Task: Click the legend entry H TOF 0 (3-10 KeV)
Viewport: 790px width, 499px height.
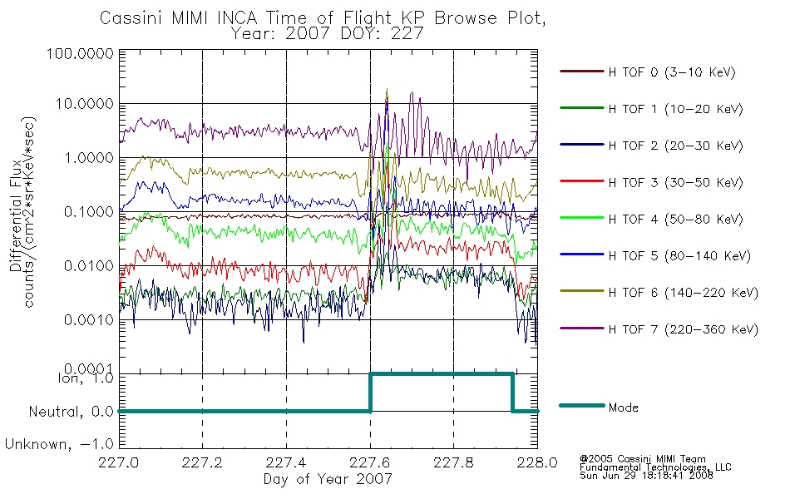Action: point(672,72)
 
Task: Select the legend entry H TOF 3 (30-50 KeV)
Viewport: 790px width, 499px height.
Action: point(675,182)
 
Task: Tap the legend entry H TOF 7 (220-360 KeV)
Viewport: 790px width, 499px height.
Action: point(684,329)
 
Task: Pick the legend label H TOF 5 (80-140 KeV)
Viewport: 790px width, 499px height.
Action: point(679,256)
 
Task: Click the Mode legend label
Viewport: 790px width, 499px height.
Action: point(623,408)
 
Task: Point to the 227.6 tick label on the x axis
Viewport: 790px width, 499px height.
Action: point(370,462)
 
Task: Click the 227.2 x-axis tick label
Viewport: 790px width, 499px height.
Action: point(202,462)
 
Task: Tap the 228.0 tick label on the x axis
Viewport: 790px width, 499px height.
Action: point(537,462)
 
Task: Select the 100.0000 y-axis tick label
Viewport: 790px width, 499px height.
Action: point(80,53)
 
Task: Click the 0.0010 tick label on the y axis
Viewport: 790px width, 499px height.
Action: point(89,320)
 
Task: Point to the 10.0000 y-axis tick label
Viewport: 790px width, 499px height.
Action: point(84,104)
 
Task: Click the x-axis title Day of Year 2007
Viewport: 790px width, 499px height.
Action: point(328,479)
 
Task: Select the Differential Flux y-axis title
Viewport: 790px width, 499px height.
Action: point(15,215)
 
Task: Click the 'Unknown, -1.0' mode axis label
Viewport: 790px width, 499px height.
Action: point(59,445)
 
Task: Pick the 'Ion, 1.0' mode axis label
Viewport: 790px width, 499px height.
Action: point(86,378)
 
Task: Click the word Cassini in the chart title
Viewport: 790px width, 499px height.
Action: point(132,18)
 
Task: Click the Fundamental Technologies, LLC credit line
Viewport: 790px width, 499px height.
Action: point(655,467)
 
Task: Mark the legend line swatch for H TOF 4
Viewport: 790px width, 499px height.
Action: point(581,218)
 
